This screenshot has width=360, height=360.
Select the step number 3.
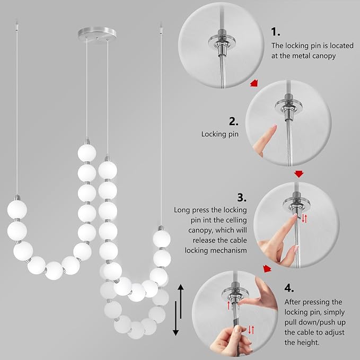tap(242, 198)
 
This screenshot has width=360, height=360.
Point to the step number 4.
tap(289, 288)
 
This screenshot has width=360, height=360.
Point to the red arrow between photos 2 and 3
tap(300, 173)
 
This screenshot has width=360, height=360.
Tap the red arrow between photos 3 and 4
tap(268, 269)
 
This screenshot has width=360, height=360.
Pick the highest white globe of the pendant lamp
tap(87, 152)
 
